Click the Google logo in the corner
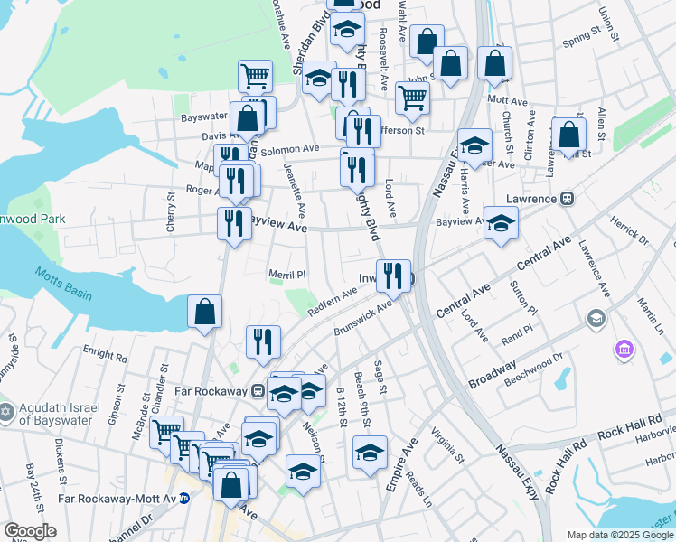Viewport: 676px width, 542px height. tap(31, 531)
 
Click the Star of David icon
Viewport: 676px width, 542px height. tap(5, 412)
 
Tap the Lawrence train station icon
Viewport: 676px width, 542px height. tap(568, 198)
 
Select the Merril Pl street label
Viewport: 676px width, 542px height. tap(288, 274)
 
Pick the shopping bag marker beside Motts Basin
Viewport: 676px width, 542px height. tap(205, 313)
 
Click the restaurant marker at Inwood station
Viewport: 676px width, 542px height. tap(392, 276)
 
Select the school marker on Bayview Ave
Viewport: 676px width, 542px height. tap(500, 223)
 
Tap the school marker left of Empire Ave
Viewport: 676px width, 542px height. tap(370, 452)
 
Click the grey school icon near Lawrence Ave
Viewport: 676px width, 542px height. tap(596, 318)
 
